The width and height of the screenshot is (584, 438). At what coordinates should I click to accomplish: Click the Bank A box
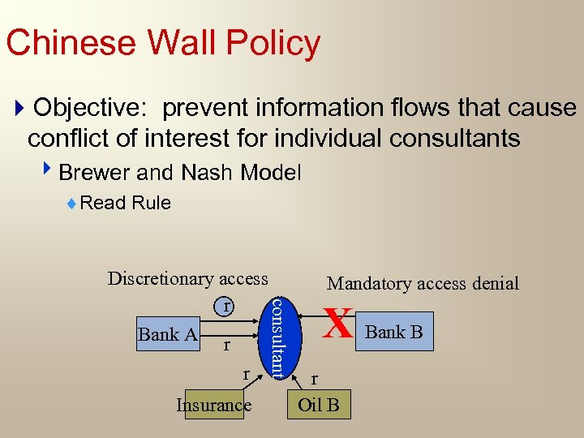tap(169, 334)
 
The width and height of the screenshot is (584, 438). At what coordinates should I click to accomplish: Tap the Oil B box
tap(319, 404)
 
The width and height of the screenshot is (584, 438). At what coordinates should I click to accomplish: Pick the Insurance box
tap(213, 404)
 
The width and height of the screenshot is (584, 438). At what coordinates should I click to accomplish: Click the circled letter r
tap(228, 306)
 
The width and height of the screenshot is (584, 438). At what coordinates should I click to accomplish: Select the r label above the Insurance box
tap(247, 374)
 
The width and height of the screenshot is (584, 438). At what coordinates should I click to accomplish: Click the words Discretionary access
tap(188, 279)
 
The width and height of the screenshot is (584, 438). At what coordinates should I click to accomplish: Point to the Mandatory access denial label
tap(423, 283)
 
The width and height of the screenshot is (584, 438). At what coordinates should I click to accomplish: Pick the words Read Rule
tap(126, 203)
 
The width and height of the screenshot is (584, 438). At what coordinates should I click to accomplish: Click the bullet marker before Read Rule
tap(73, 204)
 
